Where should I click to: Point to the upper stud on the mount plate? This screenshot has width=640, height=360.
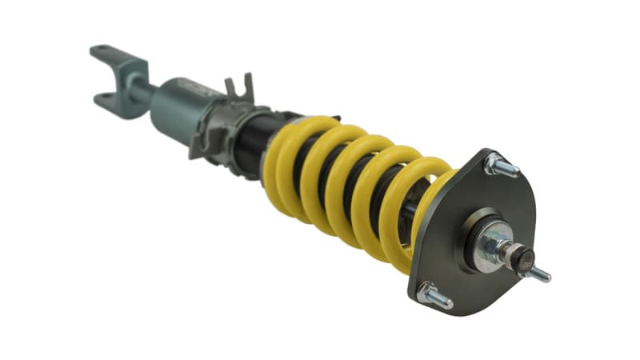(499, 166)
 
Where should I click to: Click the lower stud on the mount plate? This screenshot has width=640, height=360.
(436, 296)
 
